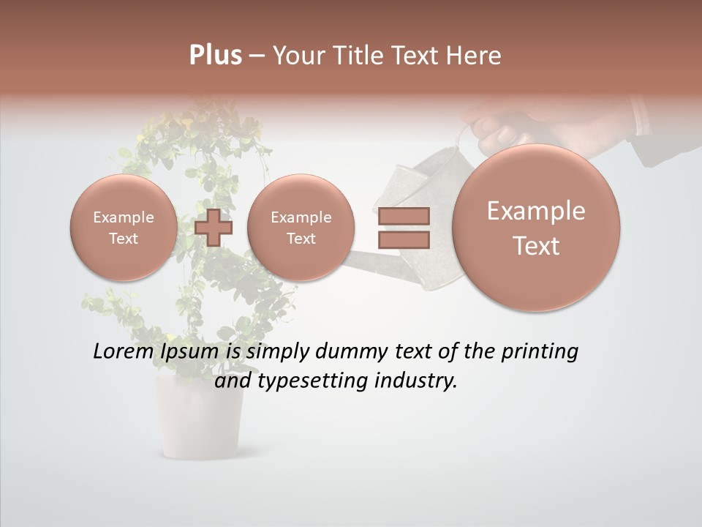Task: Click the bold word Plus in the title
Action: click(215, 56)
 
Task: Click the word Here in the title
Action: click(475, 56)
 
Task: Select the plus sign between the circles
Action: click(214, 228)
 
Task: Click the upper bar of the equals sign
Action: click(404, 216)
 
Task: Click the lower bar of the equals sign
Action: click(404, 239)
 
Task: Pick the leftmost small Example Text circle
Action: click(124, 228)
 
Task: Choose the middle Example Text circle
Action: click(301, 228)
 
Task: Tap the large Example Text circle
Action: click(536, 228)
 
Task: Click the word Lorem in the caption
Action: click(124, 352)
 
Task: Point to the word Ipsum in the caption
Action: click(190, 352)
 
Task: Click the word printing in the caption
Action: click(540, 352)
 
